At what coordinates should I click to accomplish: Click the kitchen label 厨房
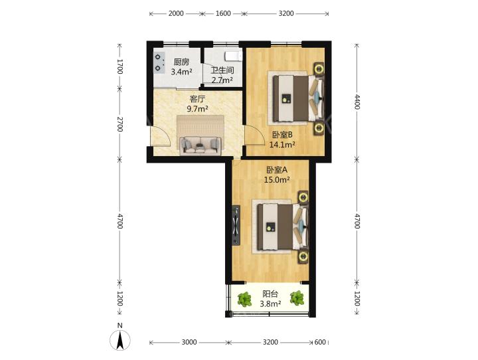[x=181, y=62]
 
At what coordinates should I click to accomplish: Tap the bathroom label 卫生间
[x=222, y=70]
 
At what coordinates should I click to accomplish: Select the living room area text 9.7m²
[x=198, y=108]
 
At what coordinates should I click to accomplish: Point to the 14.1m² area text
[x=282, y=144]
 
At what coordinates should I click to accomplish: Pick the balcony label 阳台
[x=270, y=294]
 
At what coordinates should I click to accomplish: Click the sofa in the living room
[x=200, y=145]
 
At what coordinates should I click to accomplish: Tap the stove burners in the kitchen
[x=158, y=62]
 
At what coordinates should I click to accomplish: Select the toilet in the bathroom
[x=233, y=56]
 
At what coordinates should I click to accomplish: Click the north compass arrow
[x=120, y=339]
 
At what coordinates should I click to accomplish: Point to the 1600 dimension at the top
[x=223, y=13]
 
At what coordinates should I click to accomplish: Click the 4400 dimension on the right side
[x=357, y=102]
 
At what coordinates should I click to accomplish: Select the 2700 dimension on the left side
[x=119, y=124]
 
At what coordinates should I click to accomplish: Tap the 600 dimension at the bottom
[x=320, y=342]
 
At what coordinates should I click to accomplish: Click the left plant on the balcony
[x=244, y=299]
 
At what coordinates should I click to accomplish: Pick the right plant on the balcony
[x=297, y=298]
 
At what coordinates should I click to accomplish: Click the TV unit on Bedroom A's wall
[x=236, y=225]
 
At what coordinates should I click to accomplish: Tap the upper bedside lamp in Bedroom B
[x=319, y=68]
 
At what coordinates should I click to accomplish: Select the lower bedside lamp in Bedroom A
[x=303, y=256]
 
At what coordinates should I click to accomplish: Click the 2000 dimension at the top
[x=176, y=13]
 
